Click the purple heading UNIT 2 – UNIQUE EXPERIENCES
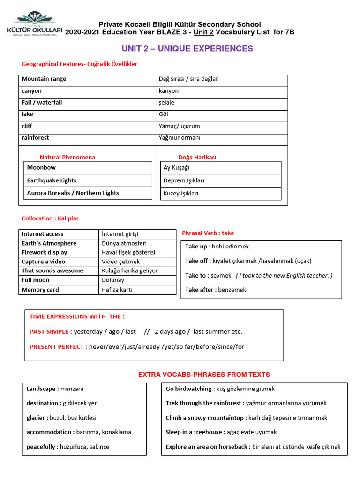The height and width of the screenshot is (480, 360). (187, 49)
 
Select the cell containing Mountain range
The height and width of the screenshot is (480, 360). (87, 79)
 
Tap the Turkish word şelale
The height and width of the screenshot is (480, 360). (166, 103)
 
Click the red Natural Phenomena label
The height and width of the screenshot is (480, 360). (67, 157)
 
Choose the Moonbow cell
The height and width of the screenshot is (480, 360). (88, 168)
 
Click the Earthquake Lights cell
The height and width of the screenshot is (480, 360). (88, 180)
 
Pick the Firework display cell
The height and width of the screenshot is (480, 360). (59, 252)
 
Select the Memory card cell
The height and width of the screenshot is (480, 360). (59, 290)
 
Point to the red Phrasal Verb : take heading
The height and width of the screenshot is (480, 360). (208, 233)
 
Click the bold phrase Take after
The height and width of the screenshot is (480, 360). (200, 290)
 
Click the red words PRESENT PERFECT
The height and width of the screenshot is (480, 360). (58, 347)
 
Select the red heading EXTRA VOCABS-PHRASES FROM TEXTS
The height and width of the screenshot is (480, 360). (204, 375)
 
